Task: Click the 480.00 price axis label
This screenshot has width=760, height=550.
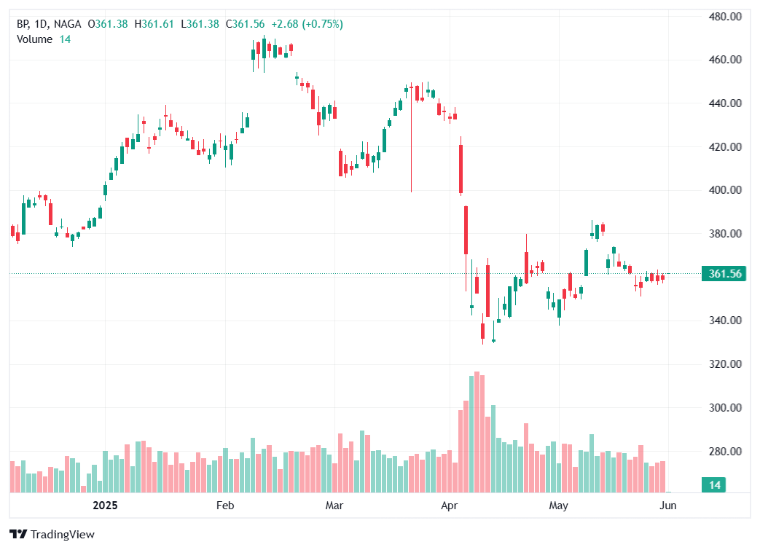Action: (726, 16)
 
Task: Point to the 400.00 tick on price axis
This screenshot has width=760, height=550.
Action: (726, 190)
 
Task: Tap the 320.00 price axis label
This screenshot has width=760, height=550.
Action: (726, 364)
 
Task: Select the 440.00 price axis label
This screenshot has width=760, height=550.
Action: (726, 103)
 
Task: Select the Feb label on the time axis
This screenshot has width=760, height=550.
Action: (224, 505)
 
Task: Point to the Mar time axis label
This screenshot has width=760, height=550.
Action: (334, 505)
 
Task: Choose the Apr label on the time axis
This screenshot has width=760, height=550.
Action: (450, 505)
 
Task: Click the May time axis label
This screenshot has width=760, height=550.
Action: (558, 505)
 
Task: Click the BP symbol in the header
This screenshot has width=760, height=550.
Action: (24, 24)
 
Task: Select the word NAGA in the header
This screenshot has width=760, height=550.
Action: (67, 24)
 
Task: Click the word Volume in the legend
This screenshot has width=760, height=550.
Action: (34, 39)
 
